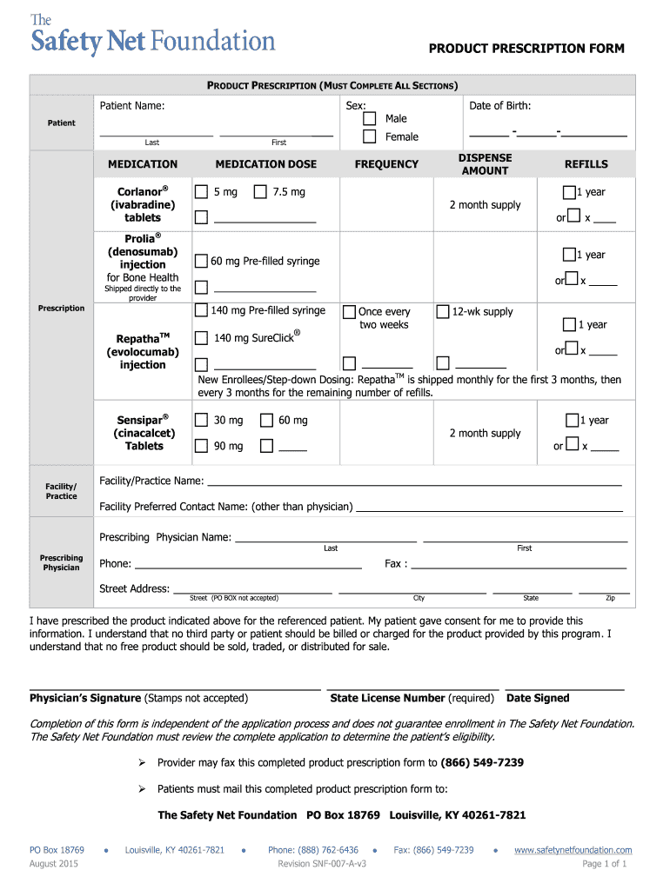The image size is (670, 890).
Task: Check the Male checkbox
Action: tap(370, 118)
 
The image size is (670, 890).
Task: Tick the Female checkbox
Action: tap(370, 136)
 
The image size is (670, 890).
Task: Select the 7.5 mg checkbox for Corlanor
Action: tap(259, 192)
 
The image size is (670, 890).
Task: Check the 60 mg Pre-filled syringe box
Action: tap(201, 261)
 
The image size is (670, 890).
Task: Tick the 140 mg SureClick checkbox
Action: tap(201, 338)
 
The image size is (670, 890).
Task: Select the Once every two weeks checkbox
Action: tap(349, 312)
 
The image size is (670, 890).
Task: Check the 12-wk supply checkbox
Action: tap(443, 311)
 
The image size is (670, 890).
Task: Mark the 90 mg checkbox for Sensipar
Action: tap(201, 446)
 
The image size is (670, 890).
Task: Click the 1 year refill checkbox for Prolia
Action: tap(569, 255)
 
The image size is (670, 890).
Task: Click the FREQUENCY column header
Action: tap(386, 164)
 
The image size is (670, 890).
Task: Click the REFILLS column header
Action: tap(586, 164)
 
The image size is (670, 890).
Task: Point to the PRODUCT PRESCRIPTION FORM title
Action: tap(526, 49)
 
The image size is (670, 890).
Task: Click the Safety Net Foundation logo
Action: tap(152, 36)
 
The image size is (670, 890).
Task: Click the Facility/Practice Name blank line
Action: tap(414, 482)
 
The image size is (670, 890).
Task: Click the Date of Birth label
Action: tap(499, 106)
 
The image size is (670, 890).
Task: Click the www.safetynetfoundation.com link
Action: tap(573, 850)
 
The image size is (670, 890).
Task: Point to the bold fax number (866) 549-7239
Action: tap(482, 763)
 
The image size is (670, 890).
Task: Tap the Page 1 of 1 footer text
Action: tap(604, 864)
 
